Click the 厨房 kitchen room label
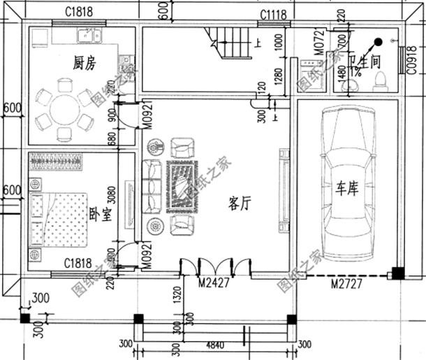tap(84, 63)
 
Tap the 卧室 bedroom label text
tap(100, 214)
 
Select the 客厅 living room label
tap(240, 203)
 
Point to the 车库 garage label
tap(346, 189)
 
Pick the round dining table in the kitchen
tap(64, 108)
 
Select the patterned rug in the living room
tap(182, 185)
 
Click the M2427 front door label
tap(214, 283)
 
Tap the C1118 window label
tap(274, 15)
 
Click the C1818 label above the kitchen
tap(79, 11)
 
